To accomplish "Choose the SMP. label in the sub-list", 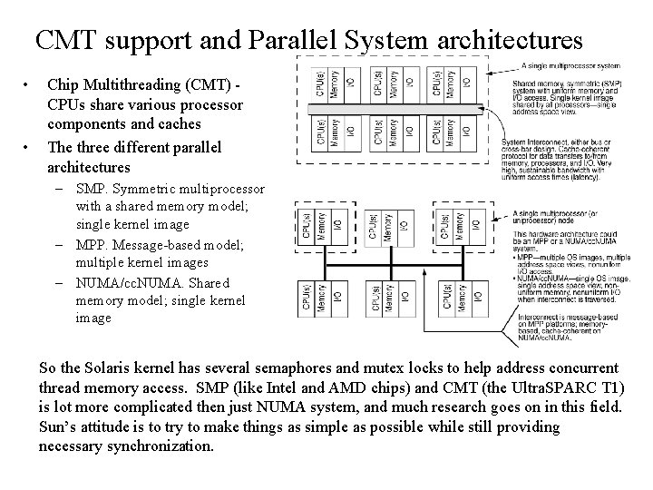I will [x=93, y=190].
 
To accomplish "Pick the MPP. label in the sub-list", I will [x=93, y=244].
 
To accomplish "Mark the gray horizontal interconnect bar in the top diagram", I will [x=400, y=110].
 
